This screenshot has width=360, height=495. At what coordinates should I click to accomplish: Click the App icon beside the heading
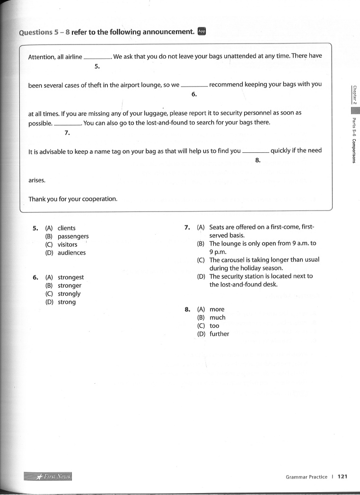202,32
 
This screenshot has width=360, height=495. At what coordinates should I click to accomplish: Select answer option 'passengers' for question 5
73,236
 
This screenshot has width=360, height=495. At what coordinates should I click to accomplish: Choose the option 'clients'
66,228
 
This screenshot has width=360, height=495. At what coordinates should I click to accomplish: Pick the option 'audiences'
71,253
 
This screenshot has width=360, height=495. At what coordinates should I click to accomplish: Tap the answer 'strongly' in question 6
70,294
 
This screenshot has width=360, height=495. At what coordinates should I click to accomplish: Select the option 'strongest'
70,277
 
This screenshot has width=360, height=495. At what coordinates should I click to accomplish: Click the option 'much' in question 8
217,318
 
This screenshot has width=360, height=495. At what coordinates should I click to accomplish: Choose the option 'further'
219,334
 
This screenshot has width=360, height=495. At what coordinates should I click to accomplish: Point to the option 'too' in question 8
214,326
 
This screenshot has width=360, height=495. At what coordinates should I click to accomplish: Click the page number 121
342,477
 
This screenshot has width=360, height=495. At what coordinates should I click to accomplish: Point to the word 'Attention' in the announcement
41,56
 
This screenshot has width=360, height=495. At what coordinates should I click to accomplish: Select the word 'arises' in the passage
37,180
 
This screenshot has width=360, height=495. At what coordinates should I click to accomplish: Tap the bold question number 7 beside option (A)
187,227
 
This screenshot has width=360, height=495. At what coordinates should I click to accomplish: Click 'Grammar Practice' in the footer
306,477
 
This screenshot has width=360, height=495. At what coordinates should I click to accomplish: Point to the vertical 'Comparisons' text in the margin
354,150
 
